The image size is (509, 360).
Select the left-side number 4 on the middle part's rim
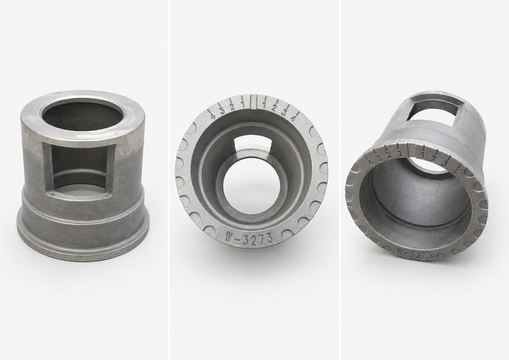[x=213, y=116]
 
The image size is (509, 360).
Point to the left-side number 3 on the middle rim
[x=222, y=111]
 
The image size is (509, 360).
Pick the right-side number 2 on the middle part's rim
[x=273, y=108]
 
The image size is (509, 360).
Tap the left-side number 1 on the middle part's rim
[x=242, y=105]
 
